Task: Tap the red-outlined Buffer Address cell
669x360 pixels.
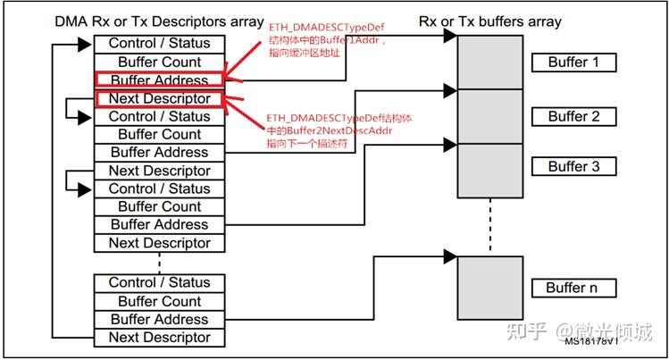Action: [159, 80]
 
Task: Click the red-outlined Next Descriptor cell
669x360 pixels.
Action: [159, 98]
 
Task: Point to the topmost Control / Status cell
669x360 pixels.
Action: [159, 43]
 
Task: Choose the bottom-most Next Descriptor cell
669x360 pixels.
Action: [159, 338]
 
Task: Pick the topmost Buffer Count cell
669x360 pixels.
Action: [159, 62]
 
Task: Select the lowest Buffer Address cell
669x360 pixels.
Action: [159, 319]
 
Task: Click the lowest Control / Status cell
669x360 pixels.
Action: [159, 282]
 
